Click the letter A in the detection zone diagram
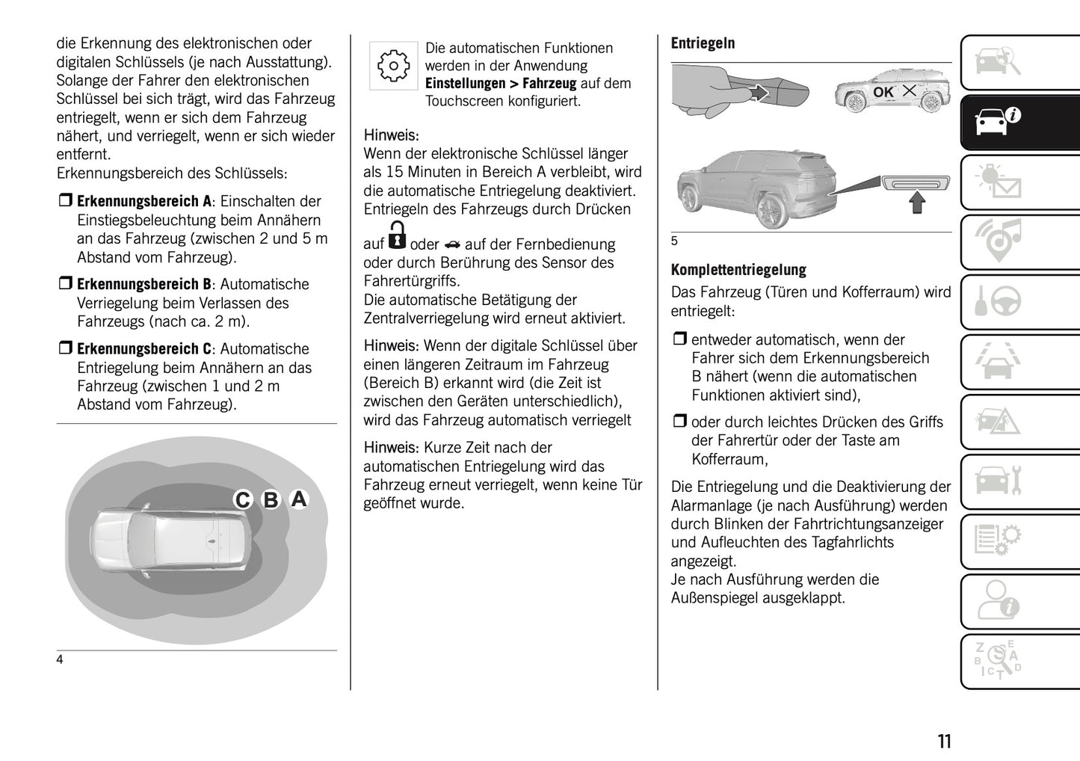pyautogui.click(x=299, y=499)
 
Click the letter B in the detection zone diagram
pyautogui.click(x=271, y=499)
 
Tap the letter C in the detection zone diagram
pyautogui.click(x=242, y=499)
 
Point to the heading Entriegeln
pyautogui.click(x=703, y=43)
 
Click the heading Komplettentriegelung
pyautogui.click(x=738, y=270)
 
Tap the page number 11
pyautogui.click(x=944, y=741)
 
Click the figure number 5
pyautogui.click(x=674, y=241)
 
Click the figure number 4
pyautogui.click(x=60, y=659)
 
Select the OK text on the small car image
pyautogui.click(x=883, y=92)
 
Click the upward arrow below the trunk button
pyautogui.click(x=917, y=203)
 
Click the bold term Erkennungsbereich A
pyautogui.click(x=144, y=202)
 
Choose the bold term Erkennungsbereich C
pyautogui.click(x=144, y=349)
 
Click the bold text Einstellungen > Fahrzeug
pyautogui.click(x=501, y=84)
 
